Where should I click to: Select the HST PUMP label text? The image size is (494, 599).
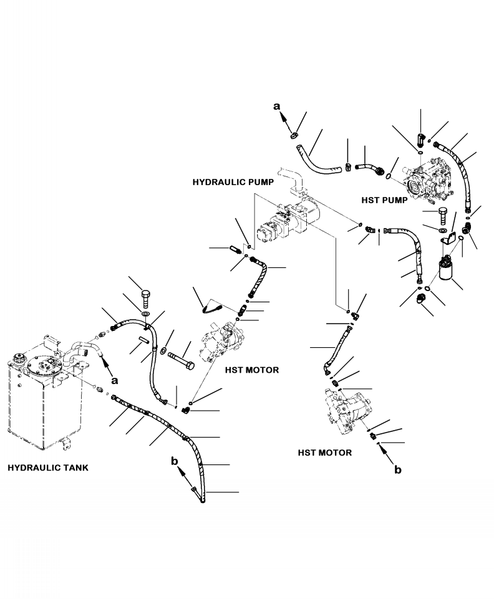click(x=384, y=200)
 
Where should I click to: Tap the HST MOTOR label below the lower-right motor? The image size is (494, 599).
click(x=324, y=453)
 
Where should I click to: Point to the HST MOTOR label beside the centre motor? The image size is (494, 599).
click(x=251, y=370)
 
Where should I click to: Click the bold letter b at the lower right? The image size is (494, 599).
click(x=398, y=470)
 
